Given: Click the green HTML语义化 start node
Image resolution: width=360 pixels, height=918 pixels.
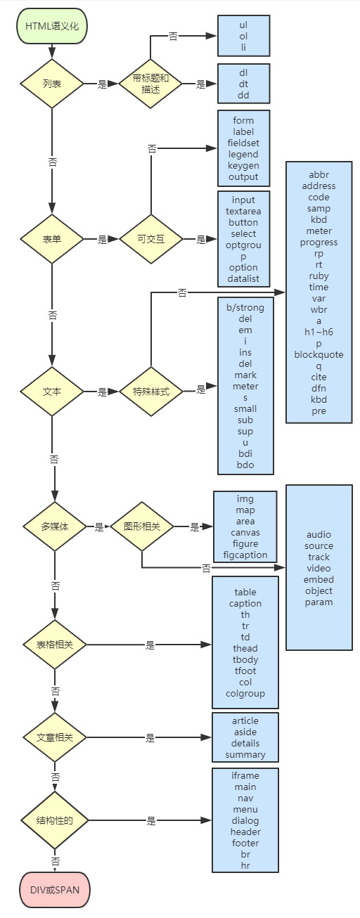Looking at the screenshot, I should (x=52, y=26).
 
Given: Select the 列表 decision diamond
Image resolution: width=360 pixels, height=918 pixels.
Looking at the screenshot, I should (x=52, y=84).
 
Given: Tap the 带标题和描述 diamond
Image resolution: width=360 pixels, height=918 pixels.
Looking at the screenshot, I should (x=150, y=84).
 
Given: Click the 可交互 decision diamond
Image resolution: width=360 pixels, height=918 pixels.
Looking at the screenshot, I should (x=150, y=239).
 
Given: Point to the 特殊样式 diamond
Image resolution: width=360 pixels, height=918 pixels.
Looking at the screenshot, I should (x=150, y=391).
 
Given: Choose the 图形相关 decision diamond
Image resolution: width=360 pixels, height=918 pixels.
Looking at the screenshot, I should (x=141, y=526).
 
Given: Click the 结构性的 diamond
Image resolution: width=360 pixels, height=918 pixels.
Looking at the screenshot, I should (x=54, y=820).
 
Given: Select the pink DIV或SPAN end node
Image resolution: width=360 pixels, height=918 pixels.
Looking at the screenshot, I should (x=54, y=889).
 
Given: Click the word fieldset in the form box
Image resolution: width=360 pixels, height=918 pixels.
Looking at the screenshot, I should (x=243, y=143).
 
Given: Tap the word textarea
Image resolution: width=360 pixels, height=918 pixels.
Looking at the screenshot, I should (x=243, y=211).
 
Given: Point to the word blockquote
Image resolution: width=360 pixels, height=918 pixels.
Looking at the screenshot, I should (x=319, y=354).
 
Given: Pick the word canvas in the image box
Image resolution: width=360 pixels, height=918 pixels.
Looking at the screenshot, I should (x=245, y=532).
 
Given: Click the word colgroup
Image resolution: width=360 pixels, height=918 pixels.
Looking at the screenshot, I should (x=245, y=693).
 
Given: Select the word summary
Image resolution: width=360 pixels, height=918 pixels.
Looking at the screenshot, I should (x=245, y=754).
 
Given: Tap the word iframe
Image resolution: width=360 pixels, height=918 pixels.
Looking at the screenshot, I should (x=245, y=775).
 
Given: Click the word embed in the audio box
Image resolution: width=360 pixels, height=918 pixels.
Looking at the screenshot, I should (x=319, y=579).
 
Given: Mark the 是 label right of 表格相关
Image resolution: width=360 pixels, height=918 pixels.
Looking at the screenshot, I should (x=150, y=644).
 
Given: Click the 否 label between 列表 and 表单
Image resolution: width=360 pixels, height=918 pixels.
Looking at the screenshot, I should (x=53, y=162).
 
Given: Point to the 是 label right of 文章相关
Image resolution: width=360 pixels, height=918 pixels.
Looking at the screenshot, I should (x=150, y=737).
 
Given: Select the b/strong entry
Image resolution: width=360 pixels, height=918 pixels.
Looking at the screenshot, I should (x=245, y=307).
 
